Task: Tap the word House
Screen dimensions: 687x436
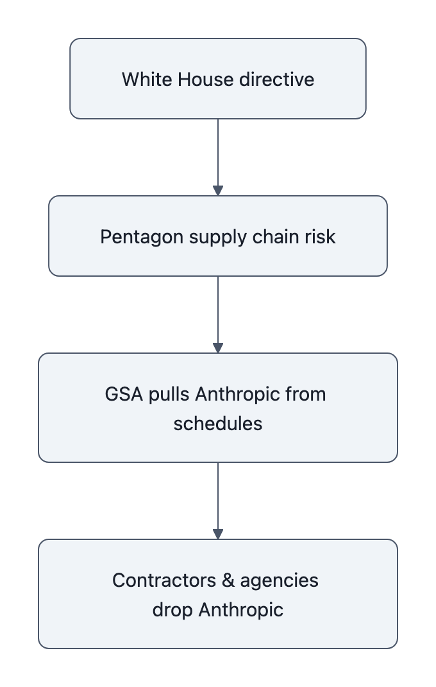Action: [192, 80]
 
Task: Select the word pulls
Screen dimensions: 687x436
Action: [169, 394]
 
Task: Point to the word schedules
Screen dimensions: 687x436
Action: [218, 424]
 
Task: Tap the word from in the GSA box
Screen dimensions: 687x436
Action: [306, 394]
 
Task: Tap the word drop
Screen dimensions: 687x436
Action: [173, 610]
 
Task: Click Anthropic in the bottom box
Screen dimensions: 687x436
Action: [241, 610]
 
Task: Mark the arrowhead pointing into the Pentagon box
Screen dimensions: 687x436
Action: [218, 191]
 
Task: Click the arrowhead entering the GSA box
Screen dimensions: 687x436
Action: [218, 348]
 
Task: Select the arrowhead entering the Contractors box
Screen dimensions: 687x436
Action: [218, 534]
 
